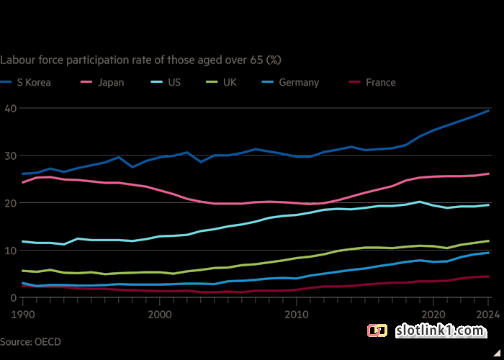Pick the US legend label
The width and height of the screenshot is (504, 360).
click(174, 82)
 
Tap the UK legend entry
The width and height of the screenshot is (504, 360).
click(228, 82)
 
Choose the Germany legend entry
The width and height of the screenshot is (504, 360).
click(298, 82)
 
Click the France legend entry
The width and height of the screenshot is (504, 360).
click(380, 82)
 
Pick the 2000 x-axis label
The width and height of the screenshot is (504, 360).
click(158, 315)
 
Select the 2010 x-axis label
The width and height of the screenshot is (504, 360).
click(295, 315)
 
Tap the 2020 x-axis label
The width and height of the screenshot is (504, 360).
click(433, 315)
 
